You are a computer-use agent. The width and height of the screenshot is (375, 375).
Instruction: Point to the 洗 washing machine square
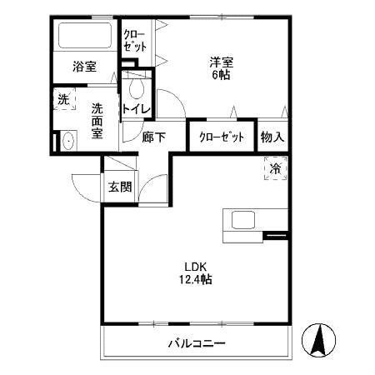[63, 98]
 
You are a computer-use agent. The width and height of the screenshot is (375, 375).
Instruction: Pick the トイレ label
[137, 108]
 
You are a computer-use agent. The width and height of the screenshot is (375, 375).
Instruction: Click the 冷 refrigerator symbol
[275, 167]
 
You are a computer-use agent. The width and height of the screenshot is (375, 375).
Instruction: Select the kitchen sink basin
[243, 221]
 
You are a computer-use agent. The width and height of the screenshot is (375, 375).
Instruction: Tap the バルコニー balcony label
[197, 342]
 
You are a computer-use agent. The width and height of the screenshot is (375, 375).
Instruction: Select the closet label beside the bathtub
[133, 41]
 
